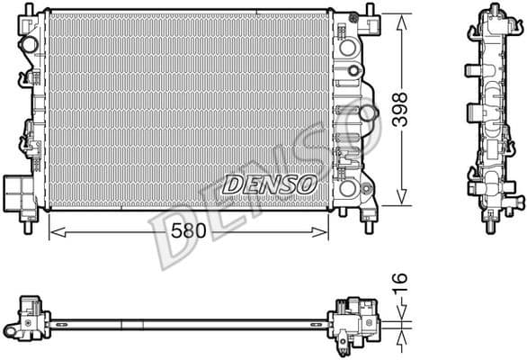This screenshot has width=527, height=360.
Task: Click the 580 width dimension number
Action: pos(189,231)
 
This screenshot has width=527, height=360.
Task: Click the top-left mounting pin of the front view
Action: pos(27,8)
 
